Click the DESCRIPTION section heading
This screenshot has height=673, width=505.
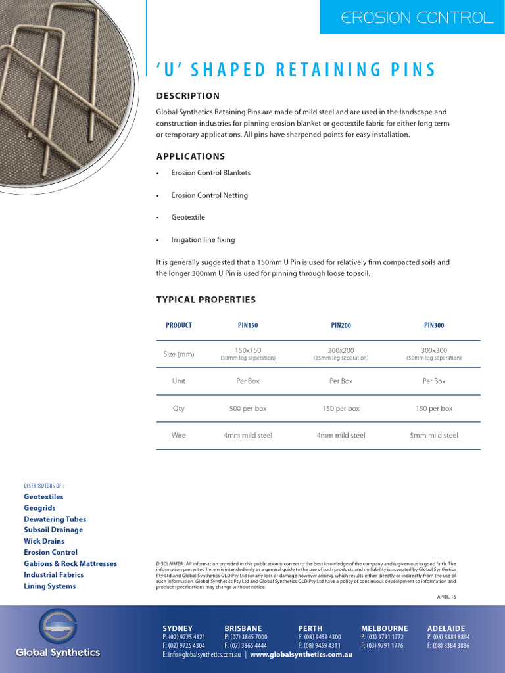pyautogui.click(x=188, y=96)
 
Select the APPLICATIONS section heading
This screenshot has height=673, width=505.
pyautogui.click(x=191, y=156)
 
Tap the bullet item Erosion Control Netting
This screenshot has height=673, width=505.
pyautogui.click(x=209, y=195)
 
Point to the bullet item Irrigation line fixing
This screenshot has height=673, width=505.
pyautogui.click(x=203, y=240)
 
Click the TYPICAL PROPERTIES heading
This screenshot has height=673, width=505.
pyautogui.click(x=206, y=300)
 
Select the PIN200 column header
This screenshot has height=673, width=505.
pyautogui.click(x=341, y=325)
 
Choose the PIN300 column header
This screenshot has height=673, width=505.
pyautogui.click(x=434, y=325)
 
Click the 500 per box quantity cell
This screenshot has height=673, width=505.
pyautogui.click(x=248, y=408)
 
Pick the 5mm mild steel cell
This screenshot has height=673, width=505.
pyautogui.click(x=434, y=435)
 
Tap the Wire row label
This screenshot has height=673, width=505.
pyautogui.click(x=179, y=435)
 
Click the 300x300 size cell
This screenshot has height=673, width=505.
pyautogui.click(x=434, y=350)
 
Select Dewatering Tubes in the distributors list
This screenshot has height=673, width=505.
pyautogui.click(x=55, y=519)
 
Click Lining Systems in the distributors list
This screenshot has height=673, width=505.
pyautogui.click(x=50, y=586)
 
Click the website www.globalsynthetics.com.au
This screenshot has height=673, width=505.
pyautogui.click(x=301, y=655)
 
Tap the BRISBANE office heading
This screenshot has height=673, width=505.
pyautogui.click(x=243, y=628)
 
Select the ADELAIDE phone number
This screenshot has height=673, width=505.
pyautogui.click(x=448, y=638)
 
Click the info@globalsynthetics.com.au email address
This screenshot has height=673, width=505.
pyautogui.click(x=203, y=655)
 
